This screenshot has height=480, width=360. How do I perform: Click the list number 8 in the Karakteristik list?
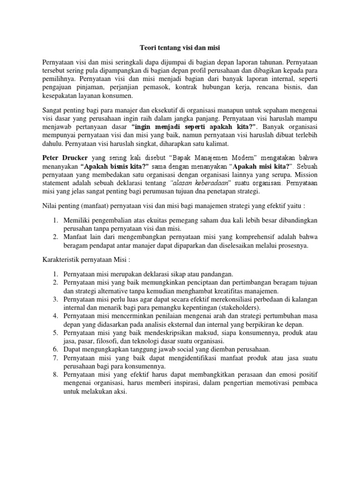coord(55,375)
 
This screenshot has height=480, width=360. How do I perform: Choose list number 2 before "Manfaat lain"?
coord(55,236)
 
